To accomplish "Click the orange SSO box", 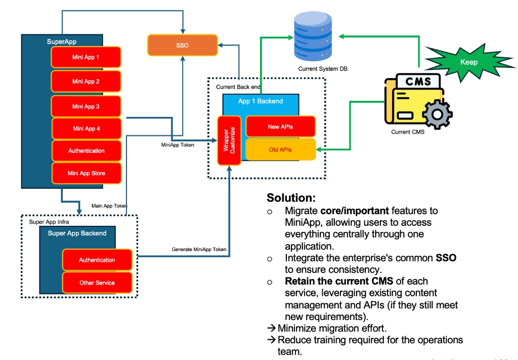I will [x=182, y=45].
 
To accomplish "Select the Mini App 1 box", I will [x=85, y=57].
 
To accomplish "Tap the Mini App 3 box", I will [x=85, y=106].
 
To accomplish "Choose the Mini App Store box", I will [x=87, y=173].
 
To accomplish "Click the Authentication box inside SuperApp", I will [x=87, y=151].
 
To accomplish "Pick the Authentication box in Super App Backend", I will [x=97, y=260].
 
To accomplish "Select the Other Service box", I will [x=97, y=283].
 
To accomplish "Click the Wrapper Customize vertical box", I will [x=229, y=141].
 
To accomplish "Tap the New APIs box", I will [x=280, y=127].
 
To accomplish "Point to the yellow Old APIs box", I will [x=280, y=149].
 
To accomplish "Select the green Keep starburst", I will [x=468, y=63].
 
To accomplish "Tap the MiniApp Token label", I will [x=175, y=145].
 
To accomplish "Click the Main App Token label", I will [x=109, y=206].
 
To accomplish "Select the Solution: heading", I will [x=291, y=197].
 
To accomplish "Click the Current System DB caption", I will [x=323, y=69].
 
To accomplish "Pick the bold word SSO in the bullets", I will [x=446, y=258].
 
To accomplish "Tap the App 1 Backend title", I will [x=261, y=101].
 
